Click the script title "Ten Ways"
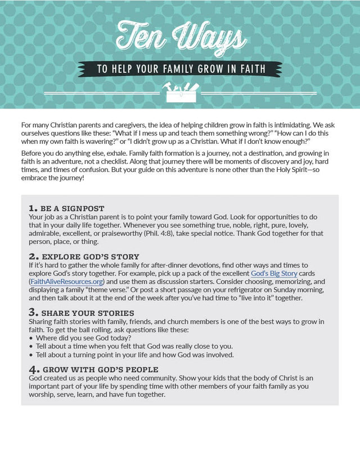181,39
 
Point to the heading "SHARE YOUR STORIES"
88,313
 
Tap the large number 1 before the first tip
32,208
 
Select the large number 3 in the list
33,312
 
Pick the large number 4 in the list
33,369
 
